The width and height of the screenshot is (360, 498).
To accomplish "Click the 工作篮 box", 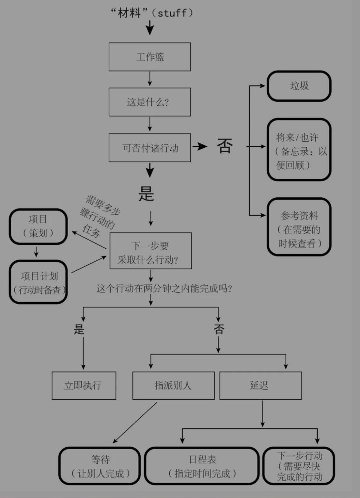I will point(150,57).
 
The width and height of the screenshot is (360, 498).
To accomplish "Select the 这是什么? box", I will point(150,102).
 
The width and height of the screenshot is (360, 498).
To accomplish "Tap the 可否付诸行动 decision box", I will point(150,148).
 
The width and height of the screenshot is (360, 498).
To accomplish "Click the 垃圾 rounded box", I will point(299,86).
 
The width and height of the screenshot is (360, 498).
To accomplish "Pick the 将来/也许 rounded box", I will point(299,150).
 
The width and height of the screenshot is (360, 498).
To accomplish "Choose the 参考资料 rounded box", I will point(299,227).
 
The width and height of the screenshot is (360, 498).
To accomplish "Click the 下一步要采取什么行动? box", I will point(151,251).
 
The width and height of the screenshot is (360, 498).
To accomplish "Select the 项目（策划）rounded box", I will point(38,226).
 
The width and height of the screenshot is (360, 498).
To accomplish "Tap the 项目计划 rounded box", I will point(39,282).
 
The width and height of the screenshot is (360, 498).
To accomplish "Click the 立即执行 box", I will point(84,386).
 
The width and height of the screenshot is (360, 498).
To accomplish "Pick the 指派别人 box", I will point(174,386).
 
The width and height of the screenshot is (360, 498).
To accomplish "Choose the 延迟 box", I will point(261,386).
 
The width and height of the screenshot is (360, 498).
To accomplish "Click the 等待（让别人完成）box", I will point(100,466).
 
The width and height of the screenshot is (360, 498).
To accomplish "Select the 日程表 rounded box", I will point(202,466).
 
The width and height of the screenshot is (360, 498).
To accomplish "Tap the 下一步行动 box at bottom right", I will point(299,466).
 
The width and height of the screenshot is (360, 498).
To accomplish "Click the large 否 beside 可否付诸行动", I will point(225,146).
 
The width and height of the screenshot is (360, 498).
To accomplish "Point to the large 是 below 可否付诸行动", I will point(146,194).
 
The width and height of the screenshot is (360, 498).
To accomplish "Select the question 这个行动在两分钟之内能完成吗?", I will point(164,289).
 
